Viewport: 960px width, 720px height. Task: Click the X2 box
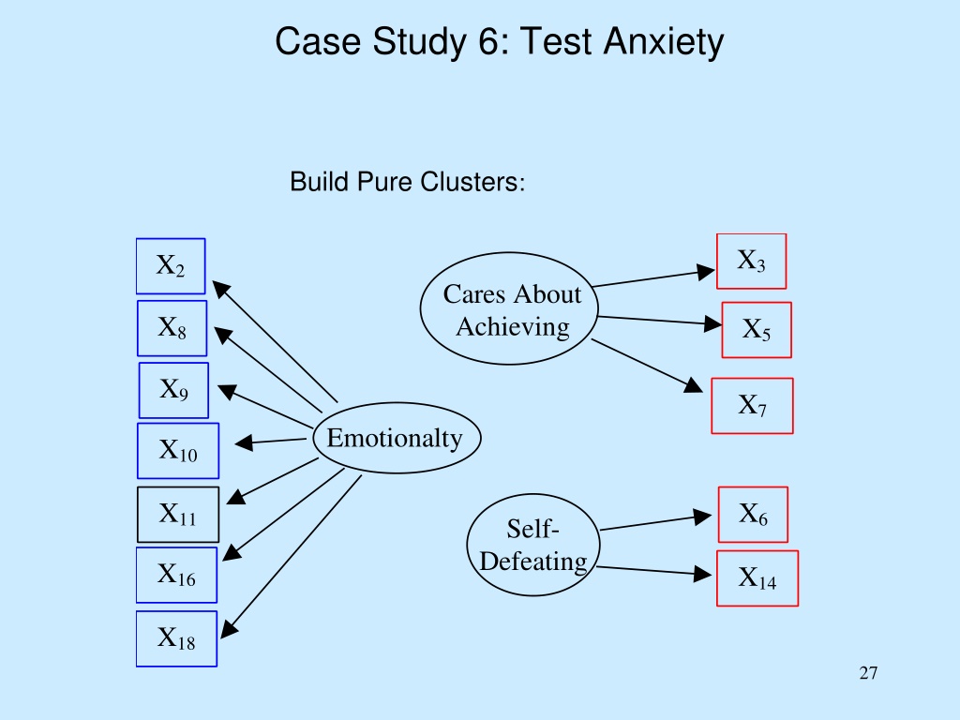click(x=171, y=266)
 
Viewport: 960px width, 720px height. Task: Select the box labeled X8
click(x=172, y=328)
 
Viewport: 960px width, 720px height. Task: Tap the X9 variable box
click(x=173, y=391)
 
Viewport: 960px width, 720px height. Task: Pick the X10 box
click(x=178, y=451)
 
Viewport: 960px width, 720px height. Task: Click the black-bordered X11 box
click(x=178, y=515)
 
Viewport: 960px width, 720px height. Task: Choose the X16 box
click(x=176, y=575)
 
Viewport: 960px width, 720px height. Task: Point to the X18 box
click(x=176, y=638)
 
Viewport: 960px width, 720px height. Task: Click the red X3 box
click(x=751, y=261)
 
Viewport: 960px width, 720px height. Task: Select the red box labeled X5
click(x=757, y=330)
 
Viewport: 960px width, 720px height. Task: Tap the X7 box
click(x=753, y=406)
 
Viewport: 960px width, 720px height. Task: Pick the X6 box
click(x=753, y=515)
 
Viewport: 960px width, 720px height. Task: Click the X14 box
click(x=757, y=578)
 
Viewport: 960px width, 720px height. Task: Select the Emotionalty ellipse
click(x=397, y=438)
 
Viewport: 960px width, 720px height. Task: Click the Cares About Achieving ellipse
click(x=509, y=308)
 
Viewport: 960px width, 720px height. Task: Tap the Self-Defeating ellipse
click(x=533, y=545)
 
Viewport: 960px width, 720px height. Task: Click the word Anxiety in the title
click(x=664, y=42)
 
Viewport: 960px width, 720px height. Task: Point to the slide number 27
click(x=868, y=673)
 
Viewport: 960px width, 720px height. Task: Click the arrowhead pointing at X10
click(x=245, y=442)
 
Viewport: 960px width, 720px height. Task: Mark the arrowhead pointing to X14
click(x=703, y=575)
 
